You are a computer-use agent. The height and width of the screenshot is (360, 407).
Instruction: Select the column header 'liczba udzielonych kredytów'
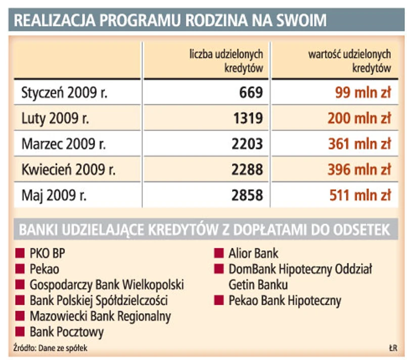coord(226,61)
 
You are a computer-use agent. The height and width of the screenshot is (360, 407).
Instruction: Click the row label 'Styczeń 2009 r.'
coord(64,93)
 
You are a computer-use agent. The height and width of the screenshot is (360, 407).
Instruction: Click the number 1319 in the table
coord(247,118)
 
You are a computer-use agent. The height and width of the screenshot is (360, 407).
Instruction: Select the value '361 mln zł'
coord(360,144)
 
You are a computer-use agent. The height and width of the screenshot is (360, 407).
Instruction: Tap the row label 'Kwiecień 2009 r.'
coord(68,169)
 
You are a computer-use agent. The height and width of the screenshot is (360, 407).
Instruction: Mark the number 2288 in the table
coord(247,169)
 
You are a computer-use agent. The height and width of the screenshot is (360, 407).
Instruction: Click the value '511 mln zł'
coord(360,195)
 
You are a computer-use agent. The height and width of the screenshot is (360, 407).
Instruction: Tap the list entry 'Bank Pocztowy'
coord(67,332)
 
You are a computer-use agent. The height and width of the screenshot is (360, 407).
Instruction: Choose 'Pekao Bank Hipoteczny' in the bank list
coord(285,301)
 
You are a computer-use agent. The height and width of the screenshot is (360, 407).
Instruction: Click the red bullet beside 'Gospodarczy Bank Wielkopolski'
coord(20,285)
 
